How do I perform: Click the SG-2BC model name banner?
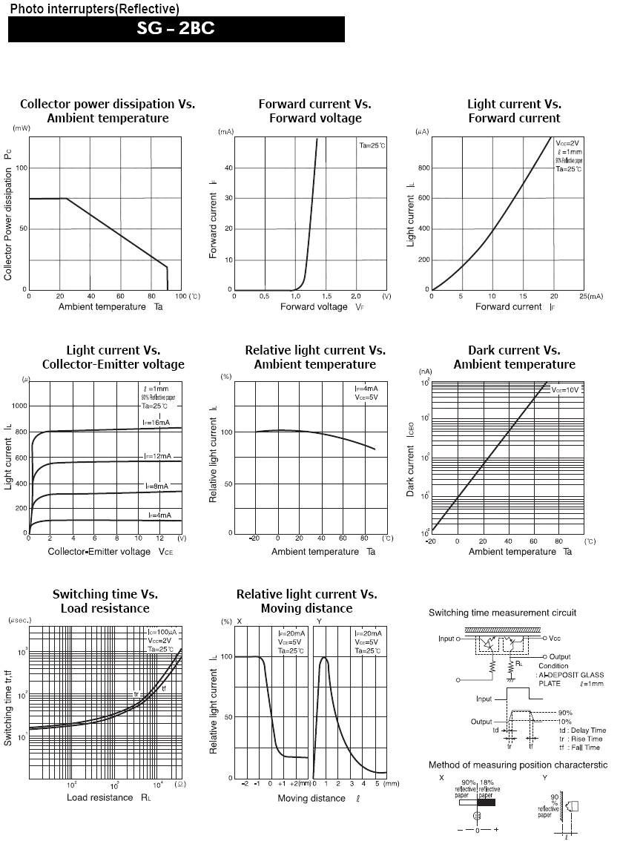[x=177, y=30]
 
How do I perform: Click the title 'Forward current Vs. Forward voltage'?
[x=314, y=111]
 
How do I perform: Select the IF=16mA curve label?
[x=156, y=421]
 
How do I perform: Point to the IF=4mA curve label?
[x=158, y=515]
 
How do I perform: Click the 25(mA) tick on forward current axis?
[x=590, y=296]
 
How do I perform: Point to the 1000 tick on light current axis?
[x=16, y=406]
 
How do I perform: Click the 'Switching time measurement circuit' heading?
[x=502, y=613]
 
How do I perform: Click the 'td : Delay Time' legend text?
[x=582, y=730]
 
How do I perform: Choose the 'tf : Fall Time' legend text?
[x=581, y=748]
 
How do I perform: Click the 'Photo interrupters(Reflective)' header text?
[x=94, y=9]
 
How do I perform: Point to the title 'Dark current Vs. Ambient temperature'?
[x=514, y=357]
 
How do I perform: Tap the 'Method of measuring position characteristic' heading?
[x=518, y=765]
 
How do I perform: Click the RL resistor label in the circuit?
[x=518, y=664]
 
